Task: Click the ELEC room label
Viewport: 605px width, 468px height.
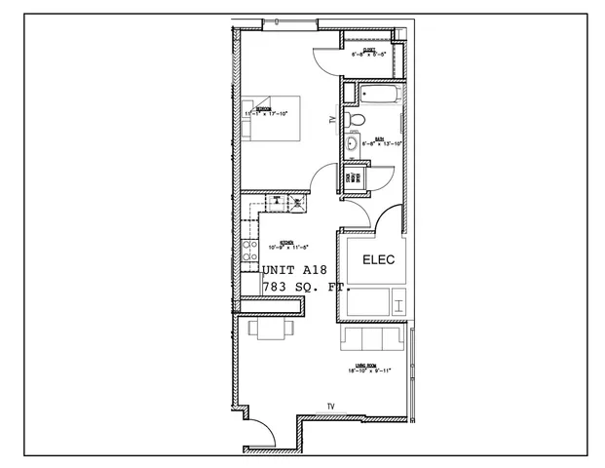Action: tap(375, 260)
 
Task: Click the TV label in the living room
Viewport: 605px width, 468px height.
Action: tap(330, 407)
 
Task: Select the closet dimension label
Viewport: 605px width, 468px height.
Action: tap(370, 53)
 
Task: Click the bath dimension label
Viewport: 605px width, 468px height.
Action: tap(380, 142)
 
